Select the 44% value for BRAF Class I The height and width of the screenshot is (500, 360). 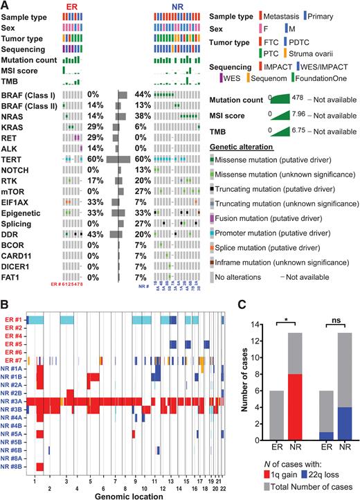pos(143,93)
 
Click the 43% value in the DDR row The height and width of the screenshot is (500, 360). pos(93,233)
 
